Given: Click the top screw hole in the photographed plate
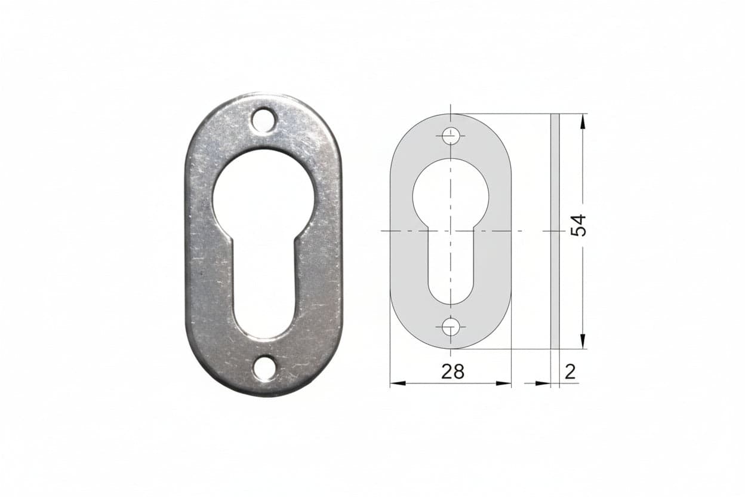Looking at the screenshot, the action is click(264, 119).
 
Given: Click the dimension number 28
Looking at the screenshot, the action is click(452, 371).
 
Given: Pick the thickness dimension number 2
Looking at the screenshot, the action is click(570, 372).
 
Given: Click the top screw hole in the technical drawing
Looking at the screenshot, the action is click(451, 136).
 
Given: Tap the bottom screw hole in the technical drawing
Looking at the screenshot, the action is click(451, 327).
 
